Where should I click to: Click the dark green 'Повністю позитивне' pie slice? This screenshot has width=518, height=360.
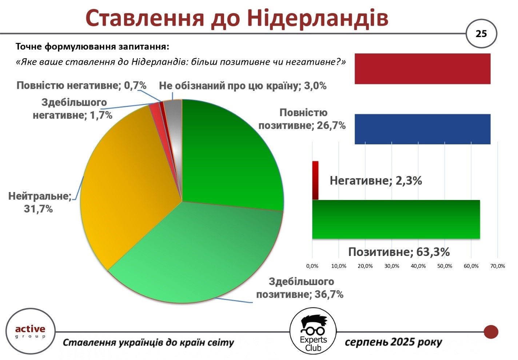tap(231, 157)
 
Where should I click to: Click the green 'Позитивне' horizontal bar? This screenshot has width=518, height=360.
tap(396, 219)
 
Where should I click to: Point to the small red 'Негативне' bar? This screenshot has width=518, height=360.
tap(315, 180)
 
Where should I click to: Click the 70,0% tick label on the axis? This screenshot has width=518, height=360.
tap(497, 266)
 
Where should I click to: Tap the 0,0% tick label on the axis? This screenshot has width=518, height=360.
tap(312, 266)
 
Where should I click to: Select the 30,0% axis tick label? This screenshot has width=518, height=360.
tap(392, 266)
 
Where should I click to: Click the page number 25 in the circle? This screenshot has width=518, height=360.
tap(481, 34)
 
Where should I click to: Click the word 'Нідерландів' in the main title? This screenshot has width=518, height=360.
tap(318, 19)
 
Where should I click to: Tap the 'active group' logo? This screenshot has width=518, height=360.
tap(31, 331)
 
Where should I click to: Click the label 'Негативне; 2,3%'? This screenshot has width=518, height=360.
tap(376, 181)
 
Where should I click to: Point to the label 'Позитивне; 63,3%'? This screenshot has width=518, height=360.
tap(399, 252)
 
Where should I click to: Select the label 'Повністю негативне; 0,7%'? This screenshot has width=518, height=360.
tap(81, 85)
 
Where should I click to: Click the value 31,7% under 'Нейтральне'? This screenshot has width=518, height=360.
tap(39, 209)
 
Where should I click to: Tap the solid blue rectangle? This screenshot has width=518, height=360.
tap(422, 129)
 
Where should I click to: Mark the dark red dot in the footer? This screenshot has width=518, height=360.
tap(491, 332)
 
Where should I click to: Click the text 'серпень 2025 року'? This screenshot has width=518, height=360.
tap(393, 342)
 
